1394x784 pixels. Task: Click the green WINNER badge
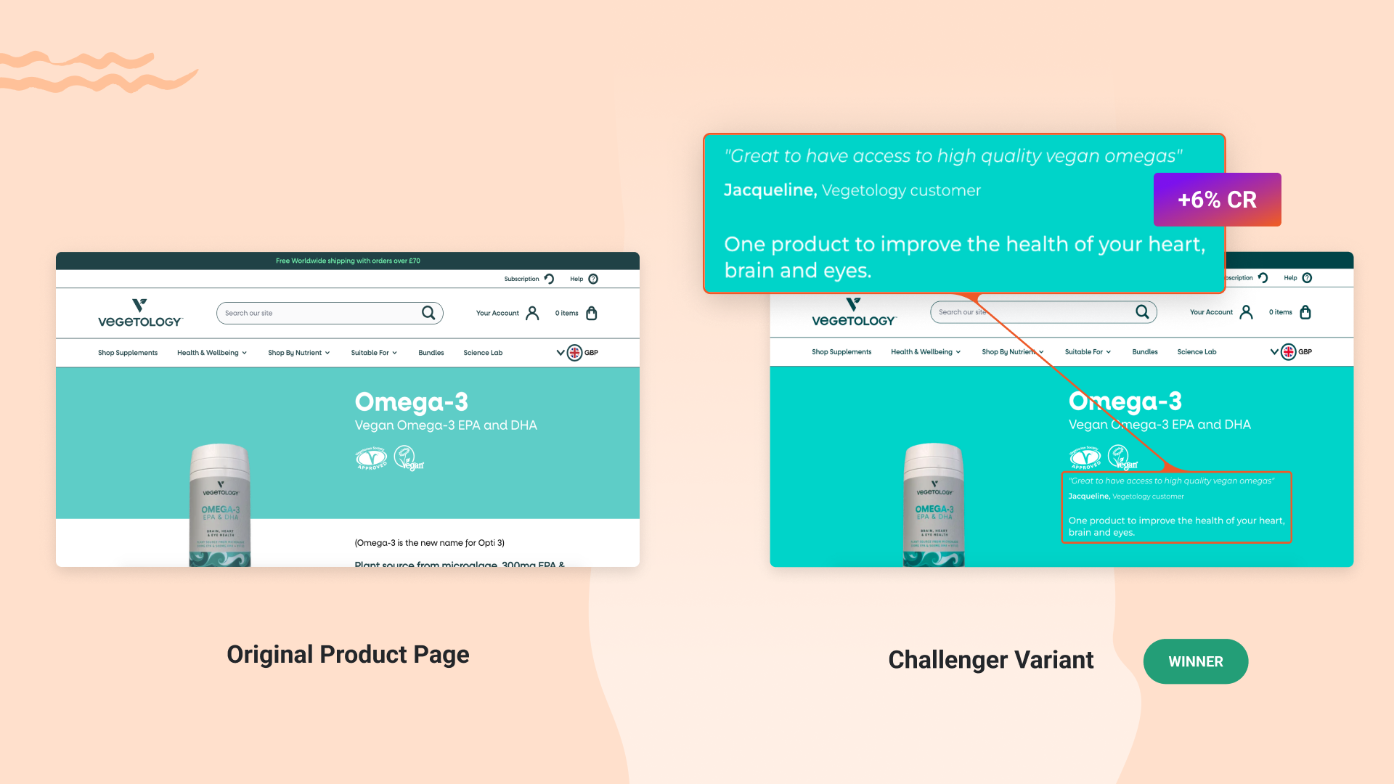click(1195, 661)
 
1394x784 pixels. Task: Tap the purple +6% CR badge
click(1217, 200)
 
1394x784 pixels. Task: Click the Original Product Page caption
click(348, 654)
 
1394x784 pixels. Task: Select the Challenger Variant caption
click(990, 660)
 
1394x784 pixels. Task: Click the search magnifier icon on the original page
click(428, 313)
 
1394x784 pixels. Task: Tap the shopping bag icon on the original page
click(592, 313)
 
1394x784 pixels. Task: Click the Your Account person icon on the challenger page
click(1247, 312)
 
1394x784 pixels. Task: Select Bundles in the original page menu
click(431, 353)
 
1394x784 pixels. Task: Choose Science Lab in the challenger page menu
click(1197, 352)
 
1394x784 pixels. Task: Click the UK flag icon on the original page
click(574, 353)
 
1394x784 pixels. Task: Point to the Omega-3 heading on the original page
click(411, 401)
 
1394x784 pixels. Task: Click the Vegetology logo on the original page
click(139, 313)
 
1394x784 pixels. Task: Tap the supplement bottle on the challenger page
click(934, 505)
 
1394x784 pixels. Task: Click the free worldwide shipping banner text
click(348, 261)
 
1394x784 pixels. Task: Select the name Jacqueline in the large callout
click(770, 190)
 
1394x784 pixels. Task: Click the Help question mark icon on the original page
click(593, 279)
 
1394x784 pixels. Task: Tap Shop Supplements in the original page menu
click(128, 353)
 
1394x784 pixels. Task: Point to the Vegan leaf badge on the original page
click(407, 458)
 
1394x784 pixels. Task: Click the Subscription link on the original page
click(522, 279)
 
